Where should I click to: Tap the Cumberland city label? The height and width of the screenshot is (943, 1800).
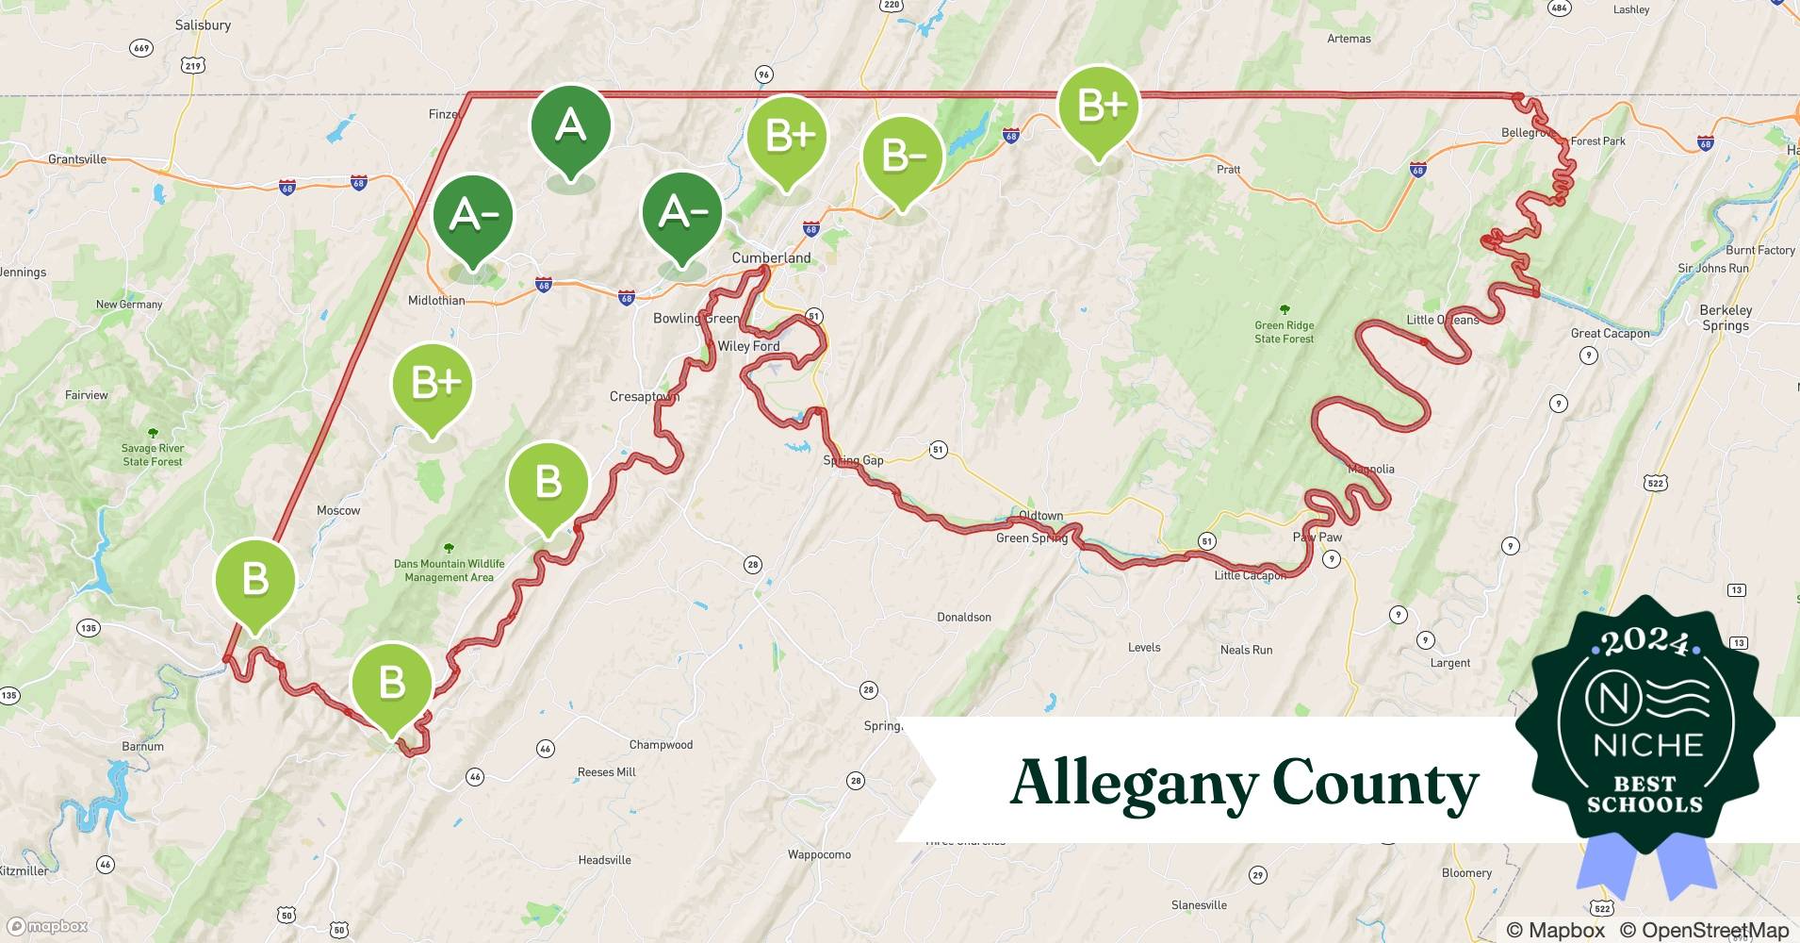(771, 257)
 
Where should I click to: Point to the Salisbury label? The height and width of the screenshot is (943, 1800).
(203, 25)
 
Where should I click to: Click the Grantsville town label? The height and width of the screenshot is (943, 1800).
(77, 159)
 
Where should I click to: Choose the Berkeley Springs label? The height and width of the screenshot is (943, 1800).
(1726, 318)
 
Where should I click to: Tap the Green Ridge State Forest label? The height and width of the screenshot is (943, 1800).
(1284, 331)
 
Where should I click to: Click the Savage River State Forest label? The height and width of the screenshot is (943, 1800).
(152, 455)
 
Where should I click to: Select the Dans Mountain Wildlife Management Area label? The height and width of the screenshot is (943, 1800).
(449, 570)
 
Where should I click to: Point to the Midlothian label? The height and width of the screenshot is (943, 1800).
(436, 301)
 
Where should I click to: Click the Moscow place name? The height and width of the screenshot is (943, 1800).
(338, 510)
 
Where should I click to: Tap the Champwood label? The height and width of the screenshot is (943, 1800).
(661, 744)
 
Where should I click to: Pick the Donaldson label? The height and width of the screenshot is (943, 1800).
(963, 617)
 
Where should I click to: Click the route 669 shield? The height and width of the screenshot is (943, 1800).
(141, 48)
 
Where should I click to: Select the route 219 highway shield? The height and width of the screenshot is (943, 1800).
(193, 65)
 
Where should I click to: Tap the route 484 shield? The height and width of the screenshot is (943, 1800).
(1559, 8)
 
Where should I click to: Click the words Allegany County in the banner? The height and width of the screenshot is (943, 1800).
(1244, 784)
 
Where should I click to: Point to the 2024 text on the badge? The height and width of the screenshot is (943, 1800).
(1645, 641)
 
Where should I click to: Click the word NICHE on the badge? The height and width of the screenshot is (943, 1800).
(1647, 745)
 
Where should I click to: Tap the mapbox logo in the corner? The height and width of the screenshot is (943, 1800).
(47, 926)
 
